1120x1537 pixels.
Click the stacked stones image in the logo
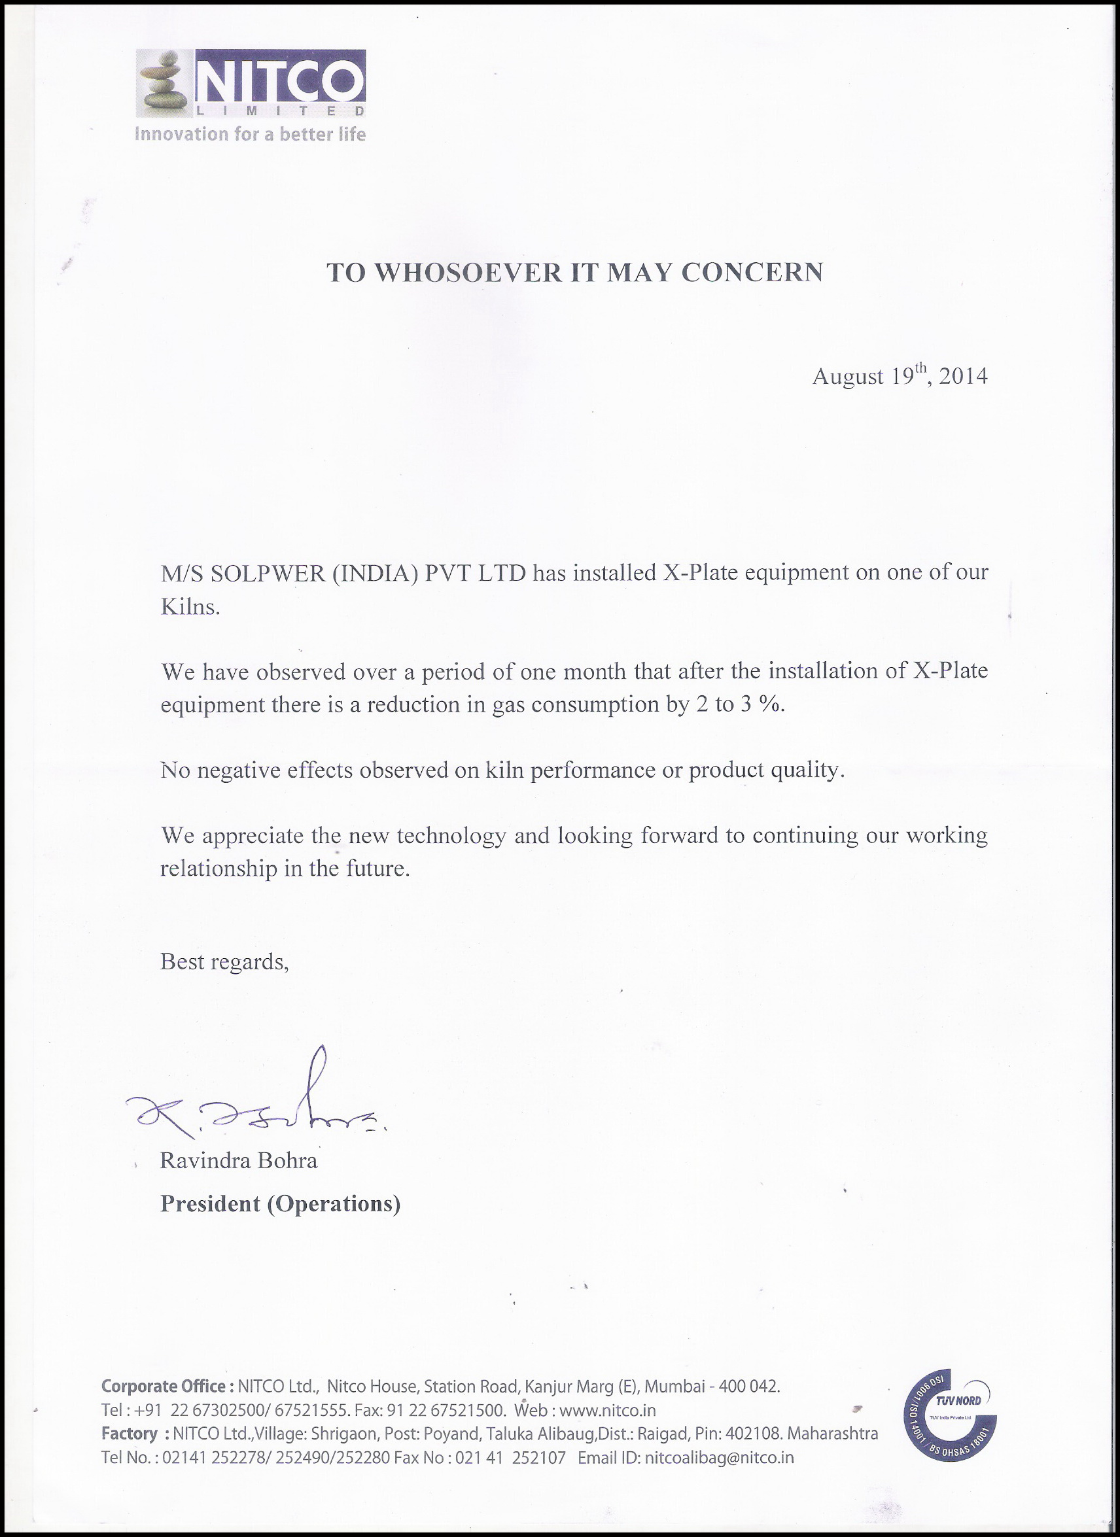click(x=163, y=82)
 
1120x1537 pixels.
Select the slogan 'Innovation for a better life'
click(x=250, y=134)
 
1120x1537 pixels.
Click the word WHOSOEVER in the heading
click(x=468, y=273)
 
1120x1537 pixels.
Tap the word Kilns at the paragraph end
click(x=190, y=606)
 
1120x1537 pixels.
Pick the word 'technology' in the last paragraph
click(x=451, y=836)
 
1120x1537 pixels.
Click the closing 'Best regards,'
click(x=224, y=961)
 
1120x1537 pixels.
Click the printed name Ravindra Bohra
click(x=239, y=1161)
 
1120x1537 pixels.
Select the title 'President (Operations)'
click(x=280, y=1203)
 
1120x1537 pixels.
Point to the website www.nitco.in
click(x=608, y=1410)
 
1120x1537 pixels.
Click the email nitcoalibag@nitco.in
click(x=718, y=1457)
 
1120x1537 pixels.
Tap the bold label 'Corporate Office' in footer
click(x=163, y=1387)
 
